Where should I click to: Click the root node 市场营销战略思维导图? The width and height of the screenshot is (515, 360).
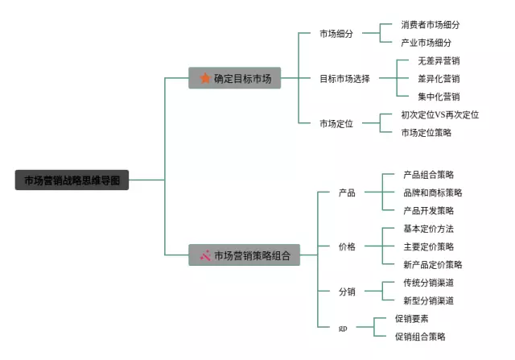coord(72,180)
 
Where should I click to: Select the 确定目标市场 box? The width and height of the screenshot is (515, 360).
coord(235,78)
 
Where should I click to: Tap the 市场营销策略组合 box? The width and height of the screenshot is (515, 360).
coord(244,255)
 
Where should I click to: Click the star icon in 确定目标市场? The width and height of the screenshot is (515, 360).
coord(204,78)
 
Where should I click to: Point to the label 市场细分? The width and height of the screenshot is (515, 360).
coord(336,34)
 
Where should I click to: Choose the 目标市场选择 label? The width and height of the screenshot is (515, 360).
coord(344,79)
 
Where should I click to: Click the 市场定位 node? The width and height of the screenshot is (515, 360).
coord(336,123)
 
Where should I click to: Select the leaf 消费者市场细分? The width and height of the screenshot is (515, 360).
coord(431,25)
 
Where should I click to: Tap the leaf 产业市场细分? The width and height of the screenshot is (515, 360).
coord(426,43)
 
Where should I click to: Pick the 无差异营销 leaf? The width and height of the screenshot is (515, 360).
coord(439,61)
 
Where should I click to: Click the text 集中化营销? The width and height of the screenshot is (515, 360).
coord(439,97)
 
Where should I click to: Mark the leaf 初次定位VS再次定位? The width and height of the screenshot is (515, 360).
coord(439,115)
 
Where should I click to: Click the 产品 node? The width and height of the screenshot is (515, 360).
coord(347,192)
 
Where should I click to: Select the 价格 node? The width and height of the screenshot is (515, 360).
coord(347,246)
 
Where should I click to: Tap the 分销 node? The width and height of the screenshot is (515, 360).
coord(347,292)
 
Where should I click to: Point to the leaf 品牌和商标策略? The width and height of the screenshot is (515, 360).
coord(433,192)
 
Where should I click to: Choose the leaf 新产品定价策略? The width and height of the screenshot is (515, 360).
coord(433,264)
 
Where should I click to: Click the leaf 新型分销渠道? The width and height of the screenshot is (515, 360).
coord(428,300)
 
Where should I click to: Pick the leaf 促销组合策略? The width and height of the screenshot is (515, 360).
coord(420,337)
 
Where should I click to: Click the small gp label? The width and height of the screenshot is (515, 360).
coord(343,329)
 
